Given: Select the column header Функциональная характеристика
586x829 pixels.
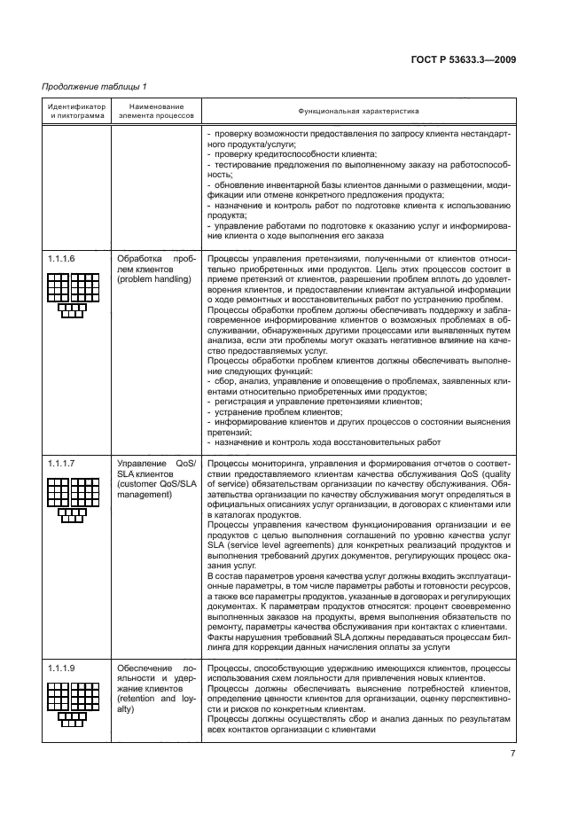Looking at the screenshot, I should coord(358,112).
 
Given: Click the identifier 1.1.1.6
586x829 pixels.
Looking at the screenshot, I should coord(61,258).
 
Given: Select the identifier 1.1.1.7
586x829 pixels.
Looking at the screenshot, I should coord(61,463).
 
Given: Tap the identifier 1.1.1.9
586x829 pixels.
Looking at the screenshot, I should coord(61,667).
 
